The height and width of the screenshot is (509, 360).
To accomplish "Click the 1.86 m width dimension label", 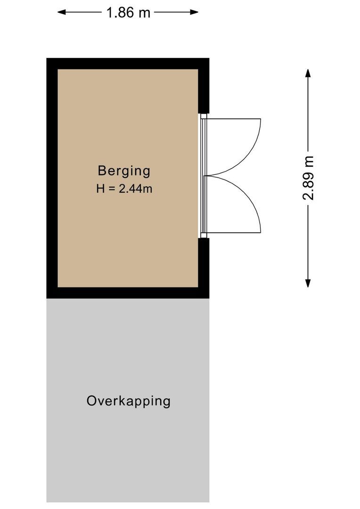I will [128, 12].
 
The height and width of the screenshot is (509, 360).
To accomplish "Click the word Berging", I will [124, 171].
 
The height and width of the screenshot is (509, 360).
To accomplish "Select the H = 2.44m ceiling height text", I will [124, 189].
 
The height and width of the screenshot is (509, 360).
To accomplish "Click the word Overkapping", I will [128, 401].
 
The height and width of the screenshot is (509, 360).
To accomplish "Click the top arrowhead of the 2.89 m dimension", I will [308, 74].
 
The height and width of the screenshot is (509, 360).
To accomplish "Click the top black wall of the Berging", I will [127, 64].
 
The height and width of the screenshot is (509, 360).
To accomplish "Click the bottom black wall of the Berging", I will [127, 293].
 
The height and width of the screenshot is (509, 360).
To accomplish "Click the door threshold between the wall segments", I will [203, 176].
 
